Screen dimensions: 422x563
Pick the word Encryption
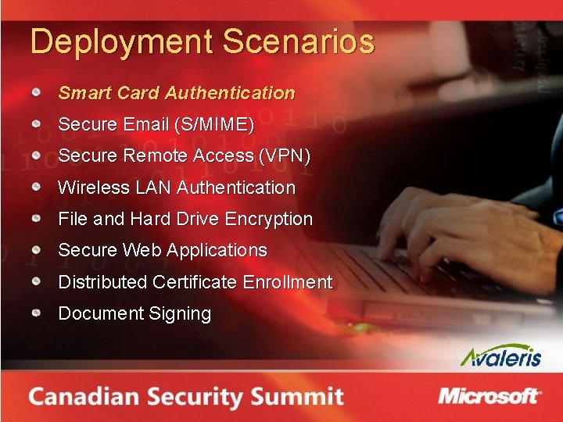point(268,220)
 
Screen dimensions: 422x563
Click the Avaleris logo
point(500,356)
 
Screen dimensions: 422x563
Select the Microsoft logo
point(489,395)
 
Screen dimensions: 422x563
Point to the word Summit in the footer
point(298,396)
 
